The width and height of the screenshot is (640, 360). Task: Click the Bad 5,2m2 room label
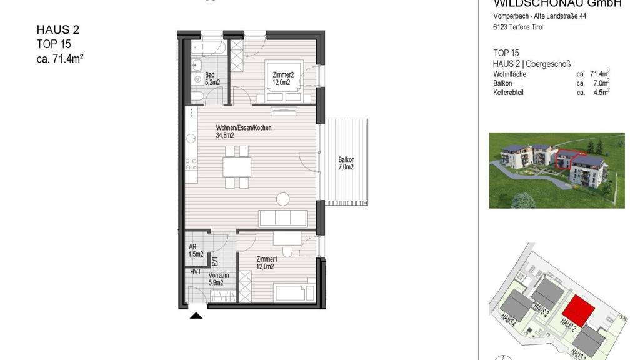coord(212,78)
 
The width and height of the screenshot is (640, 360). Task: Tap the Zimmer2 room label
coord(283,78)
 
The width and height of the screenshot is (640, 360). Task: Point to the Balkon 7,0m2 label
coord(346,163)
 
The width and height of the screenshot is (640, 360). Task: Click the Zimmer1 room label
coord(266,263)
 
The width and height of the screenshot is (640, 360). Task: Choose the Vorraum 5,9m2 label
coord(218,279)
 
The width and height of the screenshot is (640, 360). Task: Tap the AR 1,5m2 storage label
coord(196,251)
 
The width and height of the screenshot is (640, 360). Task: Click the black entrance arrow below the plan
coord(196,315)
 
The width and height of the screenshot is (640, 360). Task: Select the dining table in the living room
coord(237,167)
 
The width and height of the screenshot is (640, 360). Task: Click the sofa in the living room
coord(283,218)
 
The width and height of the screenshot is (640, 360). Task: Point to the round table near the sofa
coord(283,199)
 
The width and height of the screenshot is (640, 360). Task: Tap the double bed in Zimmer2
coord(284,81)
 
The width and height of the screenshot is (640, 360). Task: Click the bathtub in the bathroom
coord(209,47)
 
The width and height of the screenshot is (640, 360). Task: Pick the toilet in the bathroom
coord(197,96)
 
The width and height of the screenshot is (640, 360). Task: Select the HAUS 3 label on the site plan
coord(541,311)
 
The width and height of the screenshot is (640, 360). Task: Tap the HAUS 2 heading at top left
coord(58,30)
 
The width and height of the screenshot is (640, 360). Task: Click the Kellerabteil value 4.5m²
coord(602,92)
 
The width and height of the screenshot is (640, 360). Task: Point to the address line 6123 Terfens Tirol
coord(518,27)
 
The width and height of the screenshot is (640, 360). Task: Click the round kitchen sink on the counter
coord(191,139)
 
